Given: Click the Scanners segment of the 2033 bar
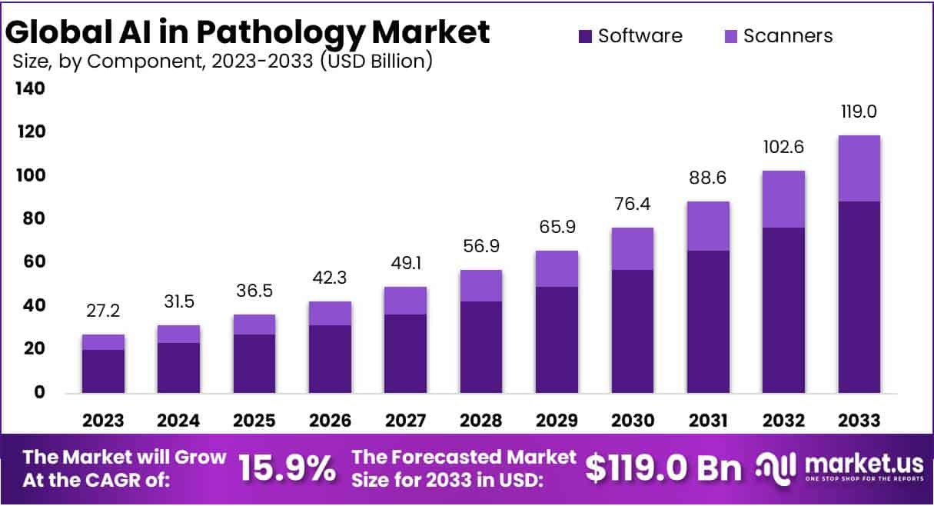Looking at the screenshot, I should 859,168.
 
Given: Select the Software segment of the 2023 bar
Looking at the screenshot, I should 103,371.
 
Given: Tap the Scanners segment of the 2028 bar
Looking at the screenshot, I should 481,285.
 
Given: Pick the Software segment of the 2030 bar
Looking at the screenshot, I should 633,331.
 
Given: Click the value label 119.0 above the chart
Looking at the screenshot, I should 859,112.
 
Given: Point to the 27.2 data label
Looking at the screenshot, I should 103,311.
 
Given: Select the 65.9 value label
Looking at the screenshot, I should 557,228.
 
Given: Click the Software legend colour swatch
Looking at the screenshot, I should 586,36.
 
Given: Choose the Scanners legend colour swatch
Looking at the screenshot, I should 730,36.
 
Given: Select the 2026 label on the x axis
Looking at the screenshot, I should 330,421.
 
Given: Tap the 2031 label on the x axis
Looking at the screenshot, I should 708,421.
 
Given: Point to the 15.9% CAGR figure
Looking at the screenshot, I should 287,467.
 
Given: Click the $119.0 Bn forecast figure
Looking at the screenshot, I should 663,467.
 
